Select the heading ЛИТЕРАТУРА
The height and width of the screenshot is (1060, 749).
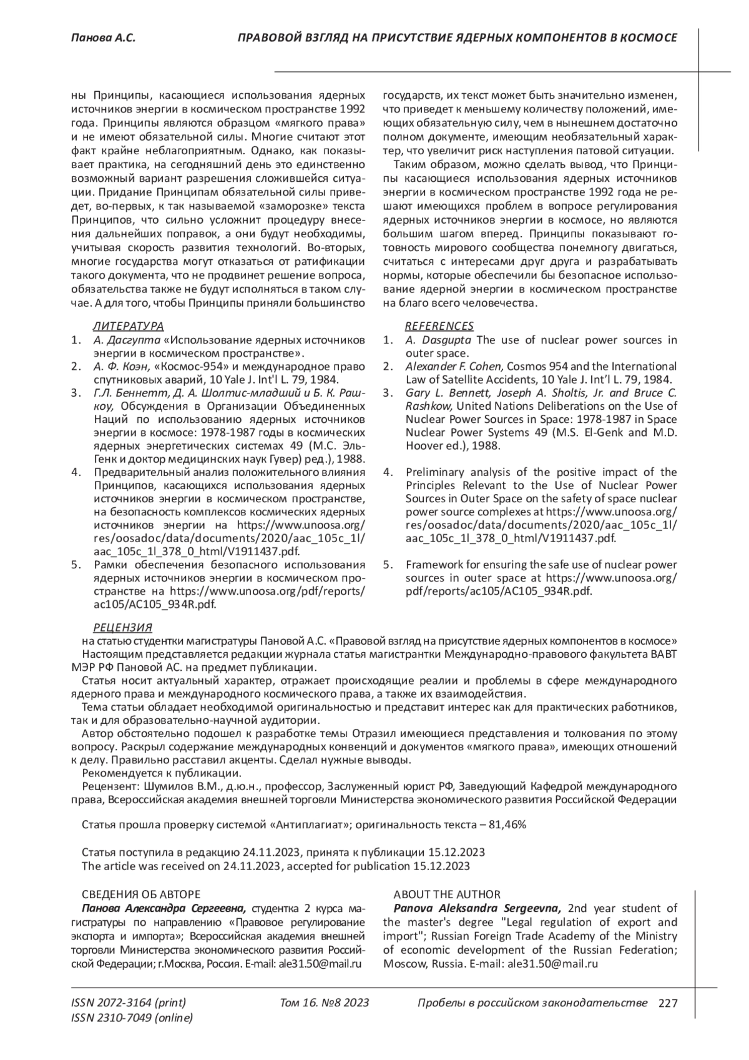pos(128,326)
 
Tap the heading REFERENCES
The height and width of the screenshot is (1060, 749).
pos(439,326)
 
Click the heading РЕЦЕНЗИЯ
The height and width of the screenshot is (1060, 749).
pos(122,628)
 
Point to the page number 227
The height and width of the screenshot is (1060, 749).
pos(668,1004)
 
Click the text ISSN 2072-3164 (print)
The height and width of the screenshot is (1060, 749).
pos(129,1003)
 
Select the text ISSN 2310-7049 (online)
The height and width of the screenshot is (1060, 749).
pos(132,1018)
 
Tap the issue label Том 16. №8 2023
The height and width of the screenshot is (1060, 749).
pos(325,1003)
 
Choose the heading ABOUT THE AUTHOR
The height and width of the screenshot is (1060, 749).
pos(447,894)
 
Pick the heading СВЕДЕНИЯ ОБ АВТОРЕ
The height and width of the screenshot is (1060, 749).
pos(141,894)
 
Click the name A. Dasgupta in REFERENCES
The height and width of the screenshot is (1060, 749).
pos(438,340)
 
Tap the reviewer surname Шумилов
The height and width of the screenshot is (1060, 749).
pos(168,786)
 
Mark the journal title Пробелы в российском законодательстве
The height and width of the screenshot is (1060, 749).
pos(532,1003)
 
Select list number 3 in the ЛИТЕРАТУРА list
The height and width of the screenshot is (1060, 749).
pos(76,393)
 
